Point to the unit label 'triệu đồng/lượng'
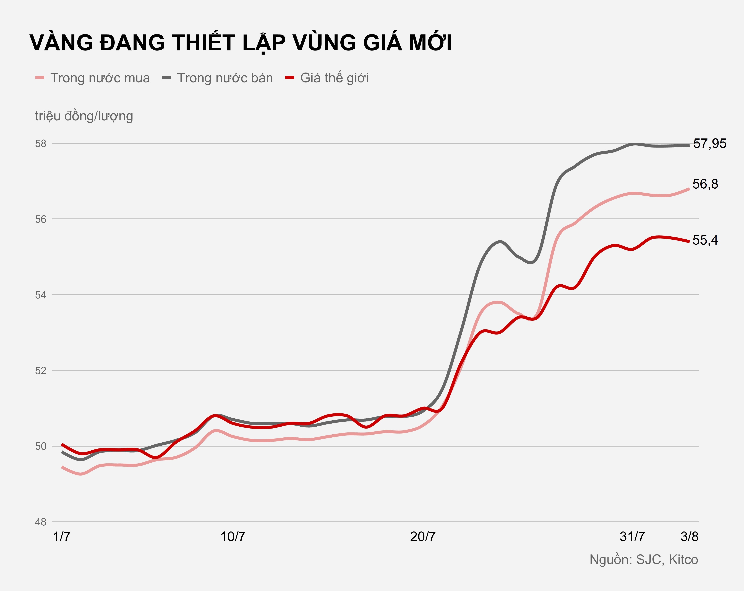pyautogui.click(x=84, y=116)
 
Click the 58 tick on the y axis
pyautogui.click(x=41, y=144)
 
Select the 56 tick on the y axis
pyautogui.click(x=41, y=219)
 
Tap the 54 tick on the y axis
pyautogui.click(x=41, y=295)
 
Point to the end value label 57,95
pyautogui.click(x=709, y=144)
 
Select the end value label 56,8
pyautogui.click(x=705, y=184)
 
